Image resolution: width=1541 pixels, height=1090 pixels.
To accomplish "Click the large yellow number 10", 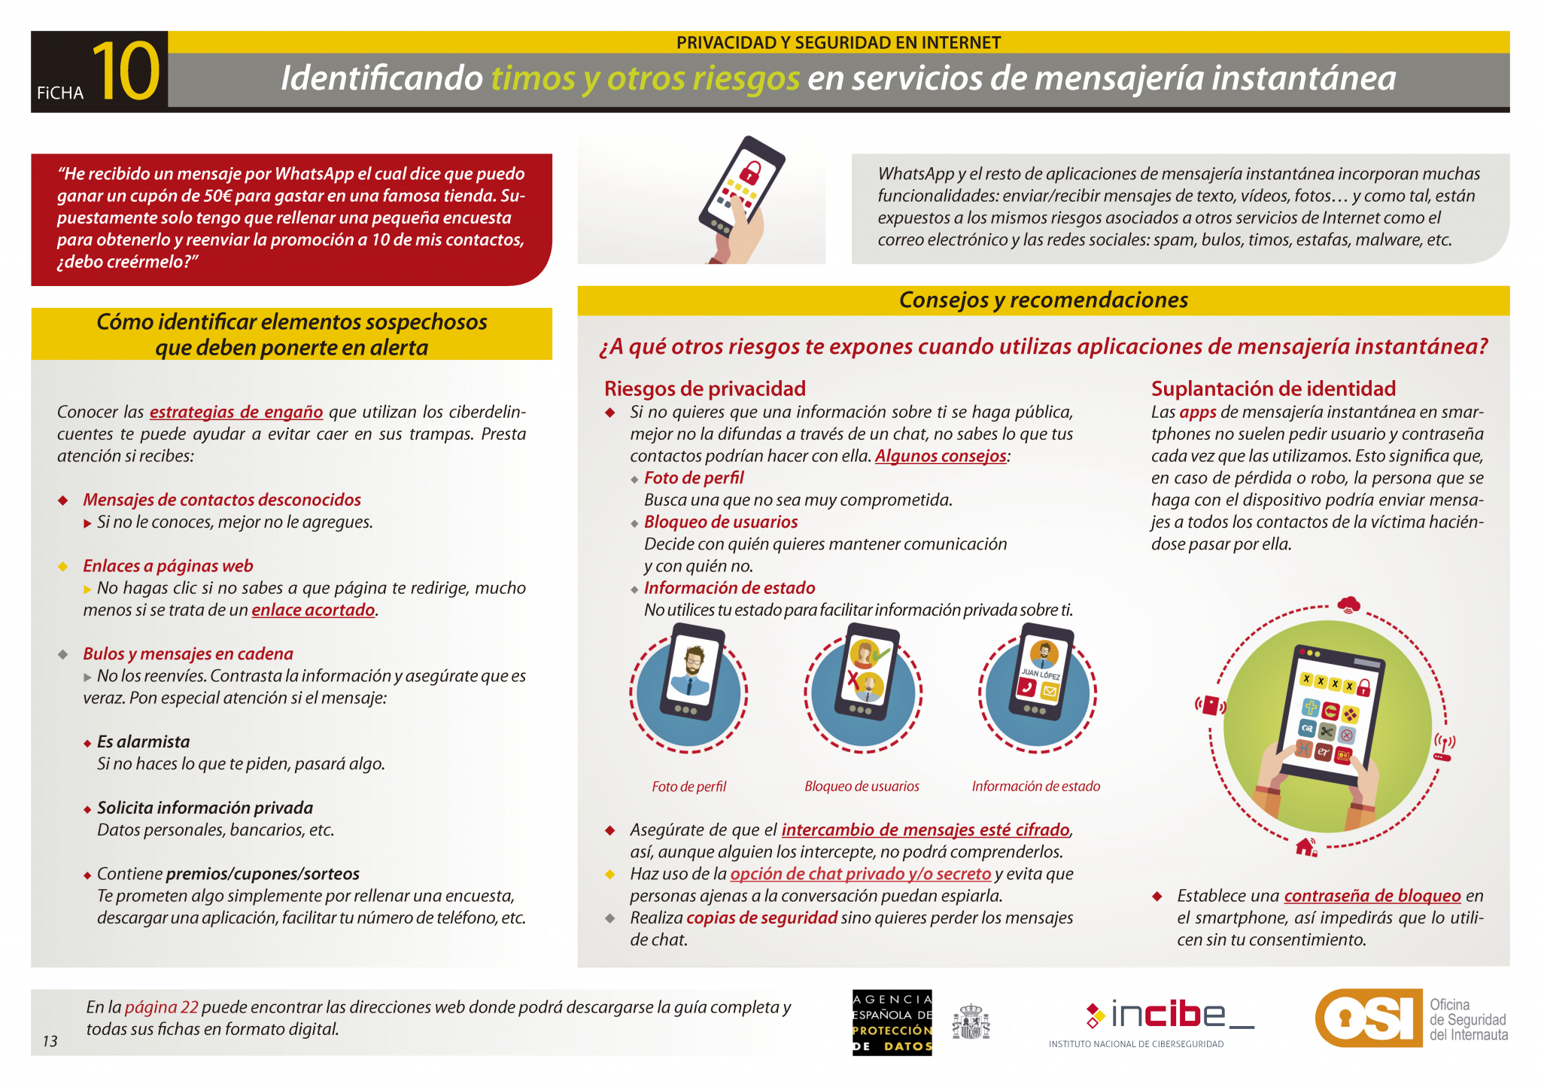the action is (x=126, y=72).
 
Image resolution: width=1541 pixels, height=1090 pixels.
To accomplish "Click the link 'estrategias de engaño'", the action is (x=236, y=412).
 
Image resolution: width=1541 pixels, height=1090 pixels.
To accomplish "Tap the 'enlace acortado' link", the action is (x=313, y=610).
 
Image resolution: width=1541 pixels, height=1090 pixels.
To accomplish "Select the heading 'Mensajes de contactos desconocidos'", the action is (x=222, y=500).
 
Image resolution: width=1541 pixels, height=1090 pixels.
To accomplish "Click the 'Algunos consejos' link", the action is (x=941, y=456).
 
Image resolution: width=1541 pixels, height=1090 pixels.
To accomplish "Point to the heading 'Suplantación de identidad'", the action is (x=1273, y=388).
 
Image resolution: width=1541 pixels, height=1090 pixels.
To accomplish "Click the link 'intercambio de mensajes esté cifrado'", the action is (x=926, y=830).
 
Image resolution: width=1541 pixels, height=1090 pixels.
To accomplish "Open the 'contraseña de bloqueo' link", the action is (x=1372, y=896).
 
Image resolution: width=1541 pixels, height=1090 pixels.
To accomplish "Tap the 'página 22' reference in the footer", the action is (x=162, y=1007).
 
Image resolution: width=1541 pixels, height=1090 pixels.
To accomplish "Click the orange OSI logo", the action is (x=1369, y=1018).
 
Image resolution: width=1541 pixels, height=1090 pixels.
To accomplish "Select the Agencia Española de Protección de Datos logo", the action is (x=892, y=1022).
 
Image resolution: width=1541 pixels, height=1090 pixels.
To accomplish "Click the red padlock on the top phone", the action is (x=749, y=171).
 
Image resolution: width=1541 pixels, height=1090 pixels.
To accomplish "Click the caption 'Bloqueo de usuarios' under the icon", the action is (x=862, y=787).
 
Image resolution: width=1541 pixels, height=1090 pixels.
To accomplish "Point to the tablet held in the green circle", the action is (x=1330, y=711).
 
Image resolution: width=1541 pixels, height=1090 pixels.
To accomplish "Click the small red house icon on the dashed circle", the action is (x=1306, y=847).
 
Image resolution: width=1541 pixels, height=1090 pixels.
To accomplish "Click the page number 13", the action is (x=50, y=1041).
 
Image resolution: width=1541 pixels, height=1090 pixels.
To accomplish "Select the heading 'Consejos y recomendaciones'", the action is (x=1044, y=300).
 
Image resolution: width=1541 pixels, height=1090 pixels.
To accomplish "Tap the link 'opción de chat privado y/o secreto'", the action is (x=861, y=874).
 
